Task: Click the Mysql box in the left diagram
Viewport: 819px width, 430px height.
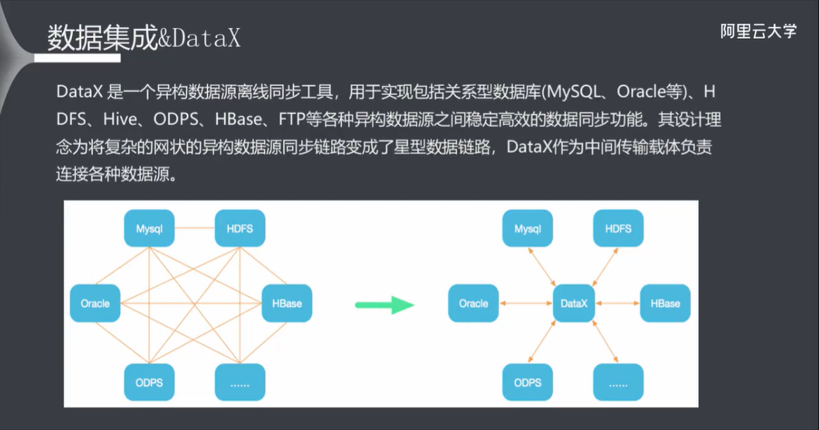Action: point(149,229)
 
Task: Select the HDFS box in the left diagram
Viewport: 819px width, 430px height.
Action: point(240,229)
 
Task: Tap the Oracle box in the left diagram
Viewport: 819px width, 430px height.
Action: point(95,304)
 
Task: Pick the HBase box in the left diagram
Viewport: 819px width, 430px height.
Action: point(287,304)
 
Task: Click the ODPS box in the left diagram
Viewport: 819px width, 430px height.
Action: point(149,382)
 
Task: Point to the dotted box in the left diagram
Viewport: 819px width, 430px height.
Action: point(240,382)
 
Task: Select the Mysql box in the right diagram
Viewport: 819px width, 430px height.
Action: point(527,229)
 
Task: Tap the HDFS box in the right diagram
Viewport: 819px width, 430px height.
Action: point(618,229)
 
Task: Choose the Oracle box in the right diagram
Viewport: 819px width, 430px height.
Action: point(473,304)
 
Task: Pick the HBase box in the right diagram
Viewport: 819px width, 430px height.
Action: point(665,304)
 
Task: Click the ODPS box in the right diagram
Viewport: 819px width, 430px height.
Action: point(527,382)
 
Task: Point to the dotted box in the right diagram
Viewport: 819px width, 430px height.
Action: point(618,382)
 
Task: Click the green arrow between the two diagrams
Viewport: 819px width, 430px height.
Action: point(385,304)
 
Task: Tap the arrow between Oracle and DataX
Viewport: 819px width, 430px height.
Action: point(525,304)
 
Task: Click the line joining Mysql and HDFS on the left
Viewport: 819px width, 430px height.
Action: point(195,229)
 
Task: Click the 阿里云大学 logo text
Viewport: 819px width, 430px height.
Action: point(758,32)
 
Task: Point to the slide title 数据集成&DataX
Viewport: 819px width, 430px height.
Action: point(144,39)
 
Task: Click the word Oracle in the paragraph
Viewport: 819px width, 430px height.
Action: point(646,91)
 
